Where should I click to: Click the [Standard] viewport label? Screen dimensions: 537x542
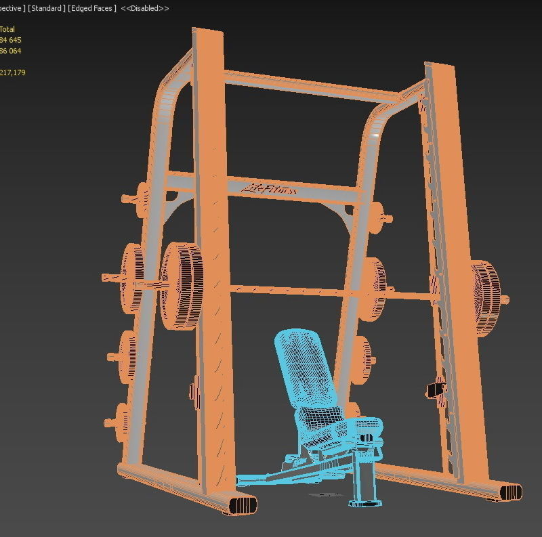tap(47, 8)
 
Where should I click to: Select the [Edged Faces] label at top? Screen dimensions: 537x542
tap(92, 8)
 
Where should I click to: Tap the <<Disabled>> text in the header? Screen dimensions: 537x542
tap(145, 8)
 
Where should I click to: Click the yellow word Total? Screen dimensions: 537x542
tap(7, 29)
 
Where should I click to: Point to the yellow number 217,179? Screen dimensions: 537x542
tap(13, 72)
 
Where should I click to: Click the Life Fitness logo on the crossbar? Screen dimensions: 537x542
tap(272, 189)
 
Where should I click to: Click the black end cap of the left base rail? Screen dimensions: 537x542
tap(243, 505)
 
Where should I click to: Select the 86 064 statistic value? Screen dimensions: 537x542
tap(11, 51)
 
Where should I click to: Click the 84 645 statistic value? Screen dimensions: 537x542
tap(11, 40)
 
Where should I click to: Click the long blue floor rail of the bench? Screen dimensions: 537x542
tap(285, 474)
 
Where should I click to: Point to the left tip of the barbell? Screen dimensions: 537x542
tap(104, 278)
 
